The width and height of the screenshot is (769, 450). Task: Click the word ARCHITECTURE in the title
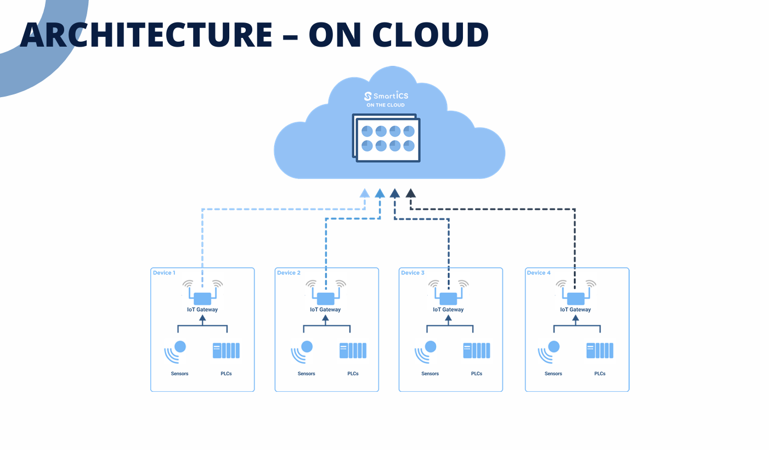[x=146, y=34]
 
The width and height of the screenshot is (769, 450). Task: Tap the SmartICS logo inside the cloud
[x=386, y=95]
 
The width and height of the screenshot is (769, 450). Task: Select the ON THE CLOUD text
[x=386, y=105]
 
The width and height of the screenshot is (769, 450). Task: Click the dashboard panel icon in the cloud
[x=387, y=138]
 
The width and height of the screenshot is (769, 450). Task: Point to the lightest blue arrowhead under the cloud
[x=364, y=193]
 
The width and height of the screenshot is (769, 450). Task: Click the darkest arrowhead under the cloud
[x=410, y=193]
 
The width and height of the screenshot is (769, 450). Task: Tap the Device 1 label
[x=164, y=273]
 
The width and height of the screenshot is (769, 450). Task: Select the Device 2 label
[x=289, y=273]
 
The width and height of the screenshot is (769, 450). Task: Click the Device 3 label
[x=412, y=273]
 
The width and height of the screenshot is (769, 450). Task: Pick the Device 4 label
[x=539, y=273]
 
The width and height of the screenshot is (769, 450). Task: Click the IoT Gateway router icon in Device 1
[x=202, y=298]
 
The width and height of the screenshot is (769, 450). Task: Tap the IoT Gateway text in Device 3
[x=448, y=310]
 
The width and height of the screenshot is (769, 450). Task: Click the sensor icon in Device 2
[x=302, y=352]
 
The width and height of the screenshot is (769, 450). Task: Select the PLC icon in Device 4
[x=600, y=351]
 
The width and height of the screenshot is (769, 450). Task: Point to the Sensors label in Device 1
[x=179, y=374]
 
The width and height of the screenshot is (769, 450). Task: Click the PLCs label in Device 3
[x=477, y=374]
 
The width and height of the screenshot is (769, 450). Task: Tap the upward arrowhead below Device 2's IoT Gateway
[x=325, y=318]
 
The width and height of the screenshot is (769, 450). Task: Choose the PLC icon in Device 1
[x=226, y=351]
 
